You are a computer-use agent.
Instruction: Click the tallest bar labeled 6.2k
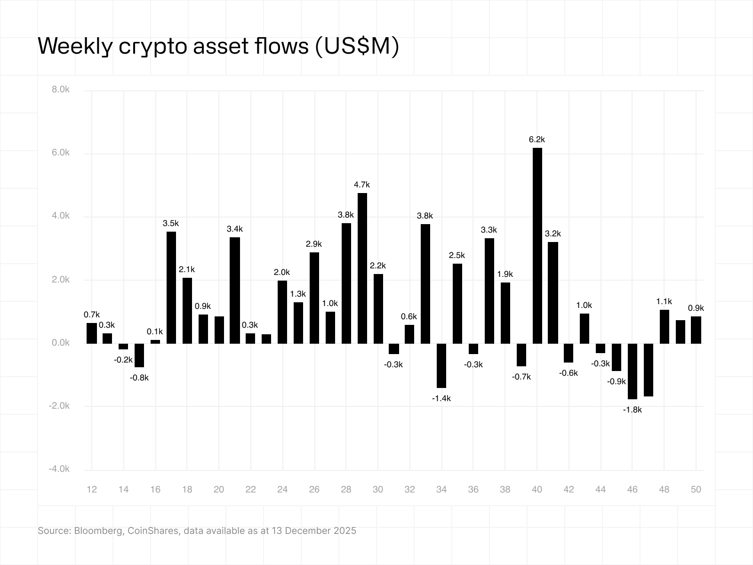click(537, 245)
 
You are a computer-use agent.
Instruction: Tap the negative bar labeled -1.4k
click(441, 365)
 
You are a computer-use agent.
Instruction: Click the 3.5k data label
click(171, 223)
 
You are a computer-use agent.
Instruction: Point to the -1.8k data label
click(632, 410)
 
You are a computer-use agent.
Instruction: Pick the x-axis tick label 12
click(92, 489)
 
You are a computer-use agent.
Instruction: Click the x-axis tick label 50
click(696, 489)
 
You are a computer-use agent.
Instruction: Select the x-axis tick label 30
click(378, 489)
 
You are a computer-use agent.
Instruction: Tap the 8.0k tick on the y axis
click(60, 89)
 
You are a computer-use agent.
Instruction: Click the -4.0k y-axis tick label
click(59, 469)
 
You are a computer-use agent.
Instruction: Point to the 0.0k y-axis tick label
click(60, 343)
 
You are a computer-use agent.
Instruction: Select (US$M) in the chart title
click(357, 46)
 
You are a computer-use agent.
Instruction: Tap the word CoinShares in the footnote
click(153, 531)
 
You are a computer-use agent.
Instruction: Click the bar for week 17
click(171, 287)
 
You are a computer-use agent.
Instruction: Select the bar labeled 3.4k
click(235, 290)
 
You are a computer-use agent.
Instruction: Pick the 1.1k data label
click(664, 301)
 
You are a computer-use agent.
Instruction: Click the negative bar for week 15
click(139, 355)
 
